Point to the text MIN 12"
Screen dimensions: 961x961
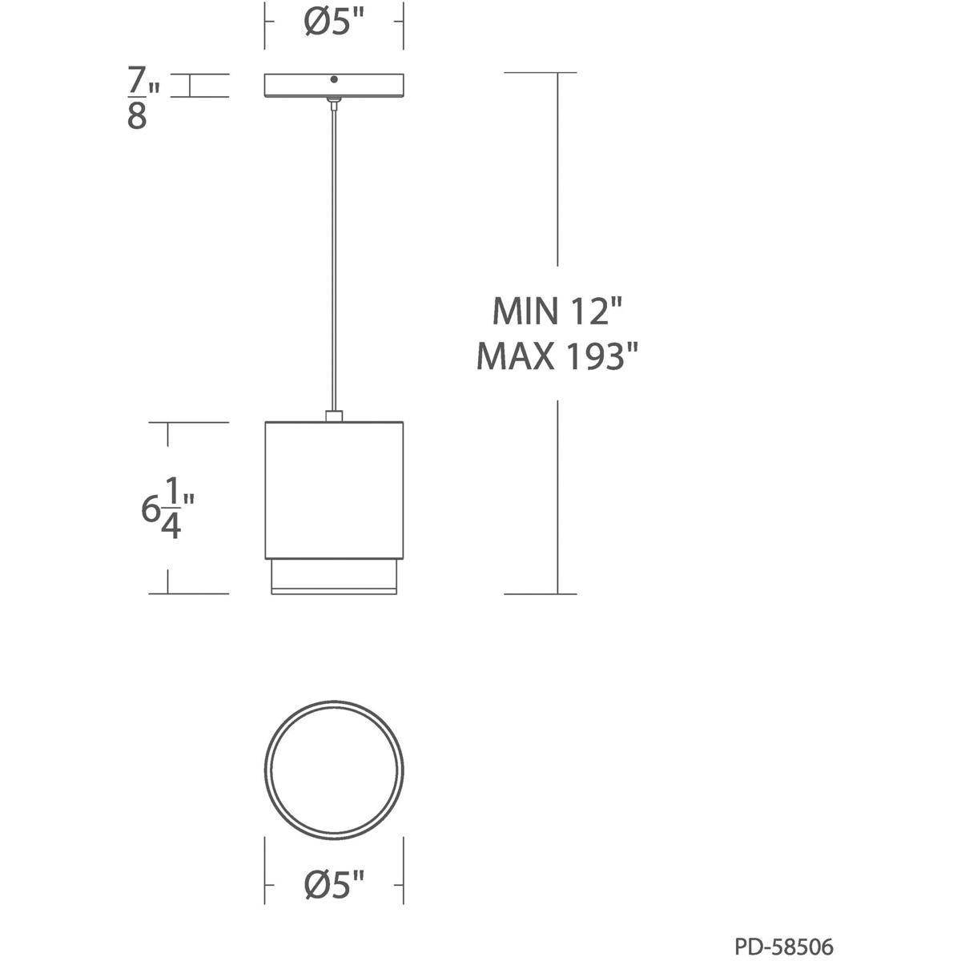(557, 311)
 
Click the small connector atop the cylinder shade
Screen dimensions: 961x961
(334, 415)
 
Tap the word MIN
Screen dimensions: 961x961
(525, 311)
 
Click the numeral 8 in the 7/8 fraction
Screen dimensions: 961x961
(137, 117)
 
